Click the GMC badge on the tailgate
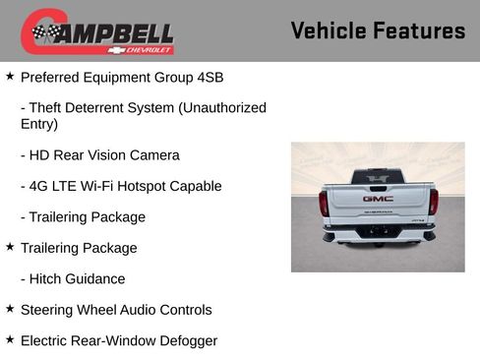(378, 198)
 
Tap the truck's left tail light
(324, 203)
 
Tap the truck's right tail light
(433, 202)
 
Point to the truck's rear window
(378, 177)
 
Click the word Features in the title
(419, 30)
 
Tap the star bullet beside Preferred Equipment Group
(10, 75)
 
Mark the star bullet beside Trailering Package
(10, 247)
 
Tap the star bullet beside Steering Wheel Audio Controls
(10, 309)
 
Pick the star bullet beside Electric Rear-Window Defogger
(10, 339)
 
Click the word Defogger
(183, 341)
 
